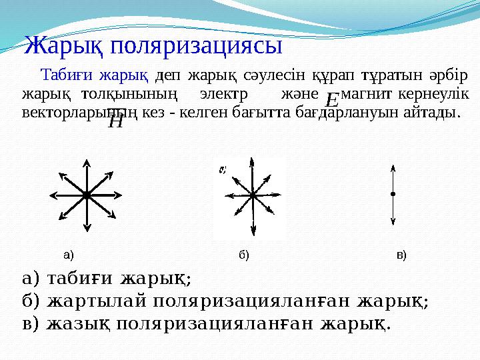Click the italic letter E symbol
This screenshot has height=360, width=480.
[331, 101]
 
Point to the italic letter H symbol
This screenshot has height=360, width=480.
[115, 121]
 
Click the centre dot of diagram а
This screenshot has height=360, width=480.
[87, 195]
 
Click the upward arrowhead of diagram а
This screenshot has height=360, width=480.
[87, 163]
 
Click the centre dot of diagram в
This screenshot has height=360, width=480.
[393, 194]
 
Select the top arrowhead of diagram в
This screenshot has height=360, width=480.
[393, 167]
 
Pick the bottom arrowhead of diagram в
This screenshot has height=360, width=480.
[393, 222]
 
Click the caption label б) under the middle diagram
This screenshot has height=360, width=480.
[243, 254]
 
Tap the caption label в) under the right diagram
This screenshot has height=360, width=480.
[401, 254]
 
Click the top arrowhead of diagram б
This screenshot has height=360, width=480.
[251, 160]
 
